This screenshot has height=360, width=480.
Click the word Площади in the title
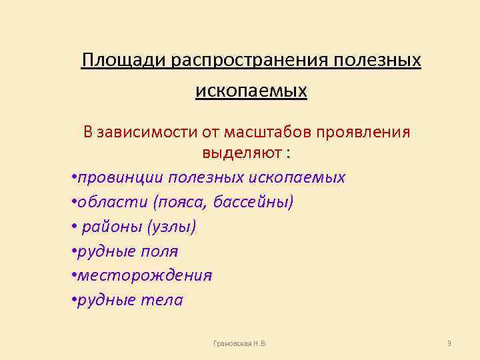click(125, 61)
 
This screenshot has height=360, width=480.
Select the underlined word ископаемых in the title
click(251, 90)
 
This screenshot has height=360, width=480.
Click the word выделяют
click(242, 153)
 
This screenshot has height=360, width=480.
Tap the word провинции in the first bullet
click(121, 177)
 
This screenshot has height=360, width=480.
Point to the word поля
click(163, 251)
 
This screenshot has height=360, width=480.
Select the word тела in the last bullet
click(163, 300)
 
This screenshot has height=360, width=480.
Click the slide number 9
click(449, 343)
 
